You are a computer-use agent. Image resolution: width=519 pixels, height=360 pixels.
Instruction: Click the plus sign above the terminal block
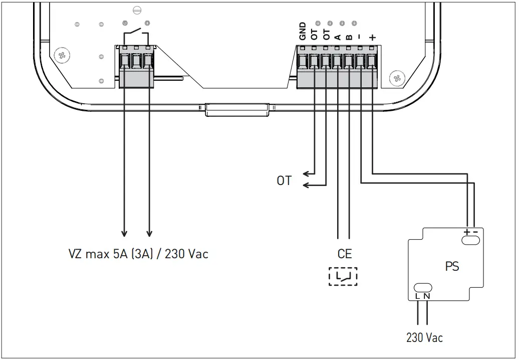372,37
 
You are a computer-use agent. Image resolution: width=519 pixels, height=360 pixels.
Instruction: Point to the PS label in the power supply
452,266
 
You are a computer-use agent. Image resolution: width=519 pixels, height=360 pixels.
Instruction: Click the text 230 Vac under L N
424,337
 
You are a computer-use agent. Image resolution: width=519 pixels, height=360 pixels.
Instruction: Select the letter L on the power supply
418,296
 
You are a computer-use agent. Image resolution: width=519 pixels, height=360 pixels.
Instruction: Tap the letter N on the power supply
427,296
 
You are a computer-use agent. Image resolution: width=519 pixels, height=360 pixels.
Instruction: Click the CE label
345,254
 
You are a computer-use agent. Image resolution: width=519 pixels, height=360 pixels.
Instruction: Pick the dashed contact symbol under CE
343,276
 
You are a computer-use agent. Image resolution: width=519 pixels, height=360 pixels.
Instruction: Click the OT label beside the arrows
284,181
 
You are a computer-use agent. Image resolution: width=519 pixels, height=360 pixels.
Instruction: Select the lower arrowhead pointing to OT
306,186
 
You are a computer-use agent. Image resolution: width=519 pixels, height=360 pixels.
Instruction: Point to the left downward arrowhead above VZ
124,233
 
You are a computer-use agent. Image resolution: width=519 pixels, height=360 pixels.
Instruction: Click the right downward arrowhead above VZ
149,233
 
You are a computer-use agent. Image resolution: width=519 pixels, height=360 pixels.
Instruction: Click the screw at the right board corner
396,78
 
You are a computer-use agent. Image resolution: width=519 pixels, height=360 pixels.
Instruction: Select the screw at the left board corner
62,55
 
